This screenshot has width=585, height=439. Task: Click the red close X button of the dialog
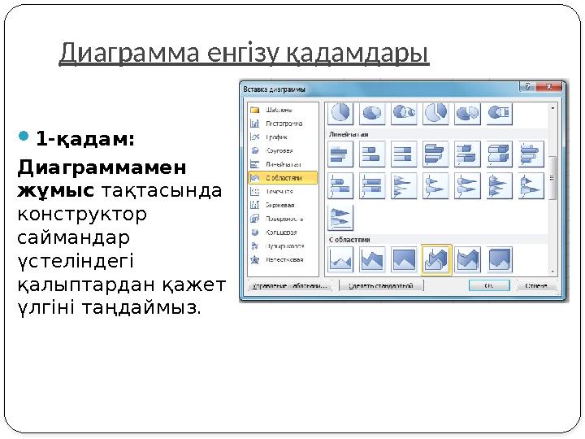(552, 86)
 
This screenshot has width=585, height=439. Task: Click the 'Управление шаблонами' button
(289, 286)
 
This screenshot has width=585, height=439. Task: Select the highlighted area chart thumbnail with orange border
(437, 260)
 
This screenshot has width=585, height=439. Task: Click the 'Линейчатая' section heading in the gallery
(349, 133)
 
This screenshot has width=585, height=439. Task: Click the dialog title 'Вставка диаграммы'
(277, 87)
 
